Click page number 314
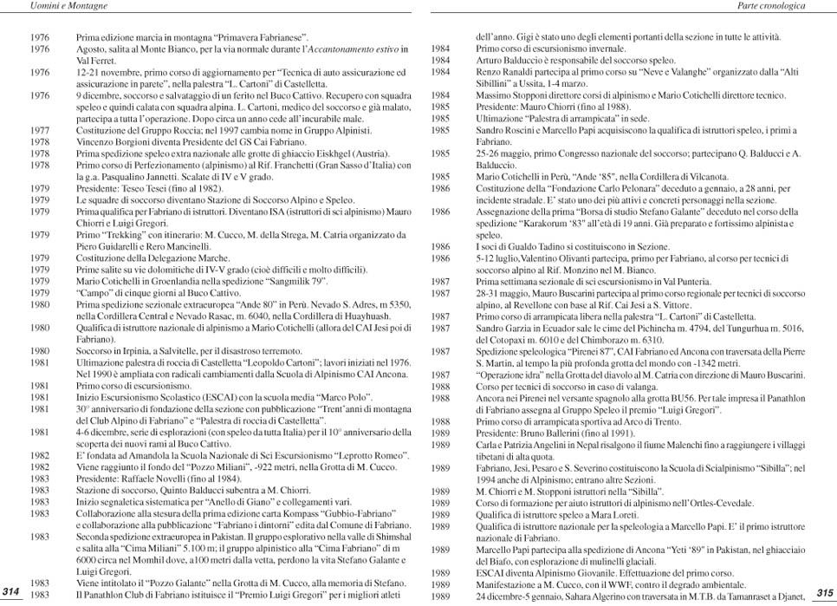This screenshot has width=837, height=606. [x=11, y=590]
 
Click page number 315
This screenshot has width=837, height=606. [x=823, y=591]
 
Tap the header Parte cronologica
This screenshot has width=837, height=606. [x=771, y=6]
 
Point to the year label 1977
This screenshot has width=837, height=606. [x=39, y=130]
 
